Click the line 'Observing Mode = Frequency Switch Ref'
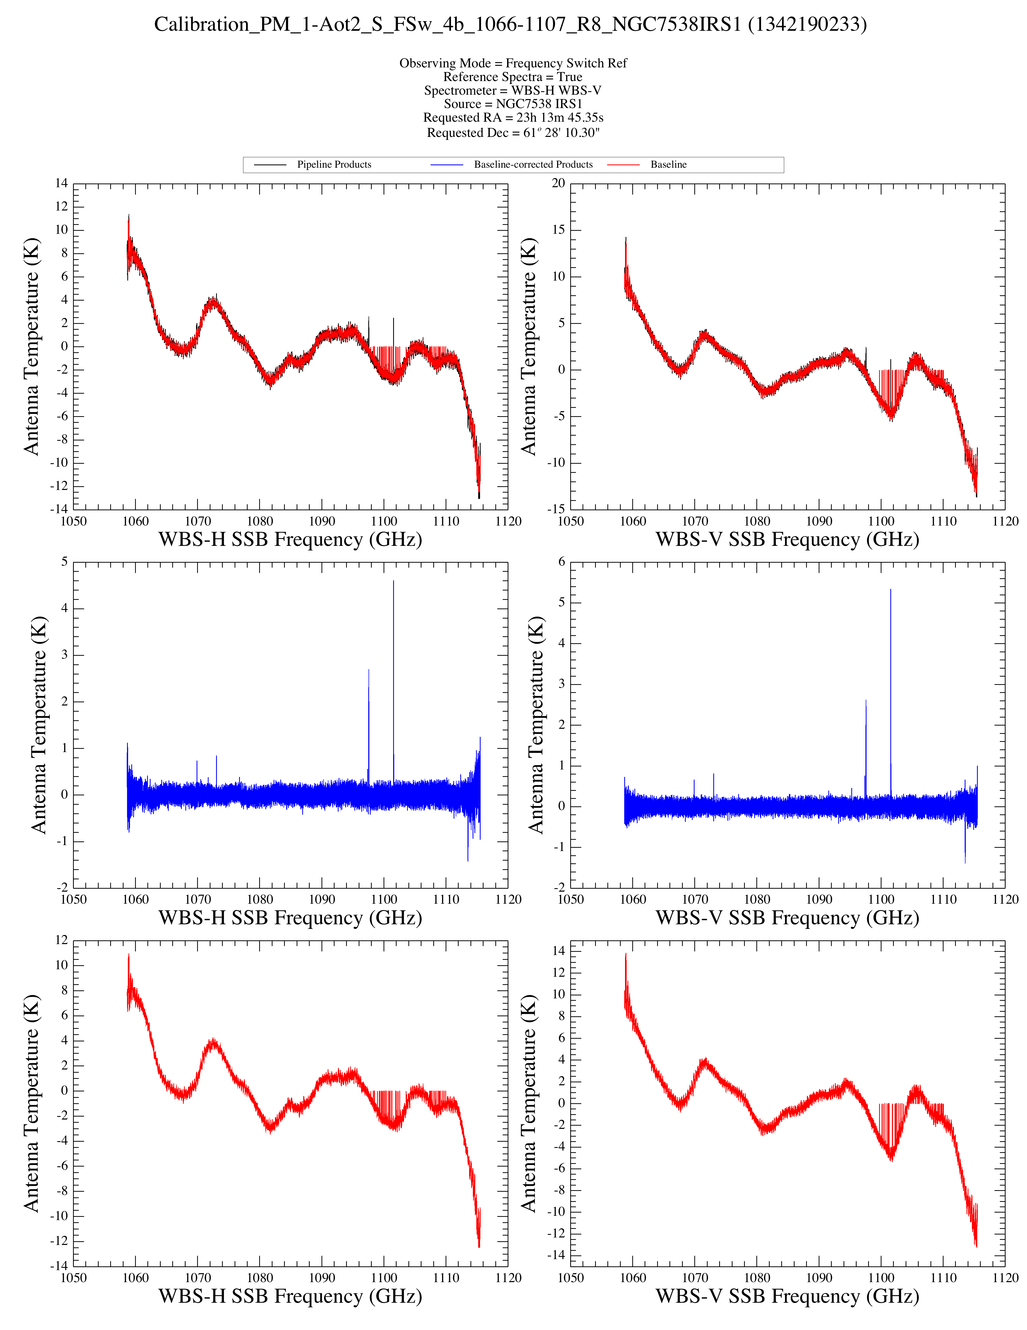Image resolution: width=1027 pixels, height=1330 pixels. tap(513, 63)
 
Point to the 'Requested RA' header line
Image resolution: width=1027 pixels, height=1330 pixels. tap(513, 117)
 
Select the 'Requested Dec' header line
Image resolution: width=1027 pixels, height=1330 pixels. tap(513, 132)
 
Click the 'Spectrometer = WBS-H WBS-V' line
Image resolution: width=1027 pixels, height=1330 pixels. tap(513, 90)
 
